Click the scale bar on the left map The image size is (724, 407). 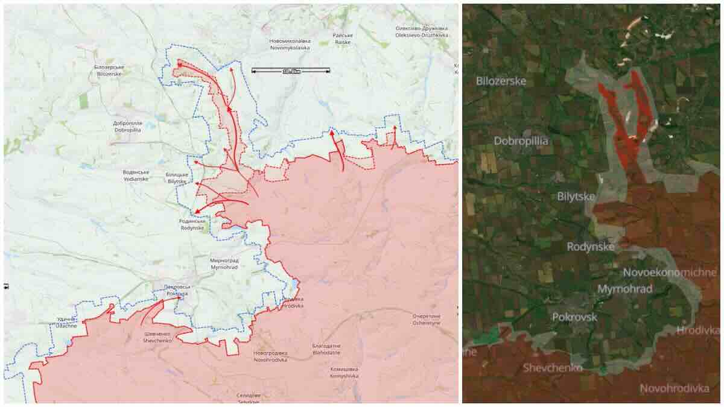[x=290, y=71]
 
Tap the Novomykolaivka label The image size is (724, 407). [x=290, y=43]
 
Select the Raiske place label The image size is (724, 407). [x=343, y=38]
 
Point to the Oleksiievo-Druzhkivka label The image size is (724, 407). [x=422, y=31]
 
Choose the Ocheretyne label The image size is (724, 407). [x=427, y=320]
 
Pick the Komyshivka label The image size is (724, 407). [x=345, y=372]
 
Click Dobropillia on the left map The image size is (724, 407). [x=127, y=127]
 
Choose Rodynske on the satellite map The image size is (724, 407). [x=591, y=247]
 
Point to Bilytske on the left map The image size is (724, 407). [x=177, y=177]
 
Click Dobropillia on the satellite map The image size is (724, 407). [x=521, y=141]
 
